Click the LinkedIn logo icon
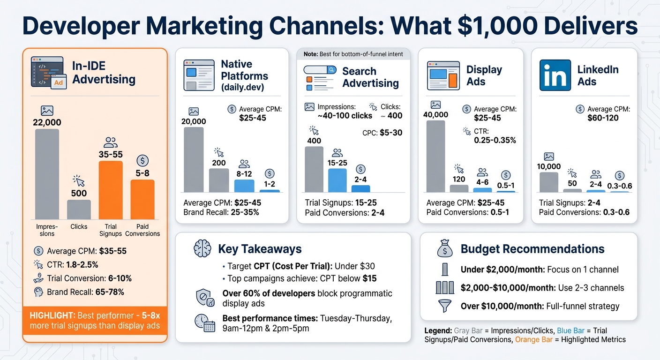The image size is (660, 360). tap(555, 75)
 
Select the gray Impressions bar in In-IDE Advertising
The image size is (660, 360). tap(47, 174)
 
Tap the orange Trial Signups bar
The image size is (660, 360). tap(111, 190)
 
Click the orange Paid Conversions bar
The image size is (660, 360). tap(142, 199)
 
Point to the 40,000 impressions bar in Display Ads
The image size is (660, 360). tap(435, 156)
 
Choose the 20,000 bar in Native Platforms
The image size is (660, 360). tap(194, 159)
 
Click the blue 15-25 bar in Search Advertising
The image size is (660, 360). tap(337, 180)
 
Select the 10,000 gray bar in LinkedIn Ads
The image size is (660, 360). tap(549, 182)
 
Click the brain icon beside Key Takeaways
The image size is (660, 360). tap(202, 249)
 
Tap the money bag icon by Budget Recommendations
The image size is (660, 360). tap(445, 248)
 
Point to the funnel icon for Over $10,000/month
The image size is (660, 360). tap(445, 306)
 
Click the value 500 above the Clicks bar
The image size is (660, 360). tap(79, 193)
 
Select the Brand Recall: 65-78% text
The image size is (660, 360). tap(85, 292)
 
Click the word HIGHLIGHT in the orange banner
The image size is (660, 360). tap(50, 315)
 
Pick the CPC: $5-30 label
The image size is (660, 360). tap(382, 133)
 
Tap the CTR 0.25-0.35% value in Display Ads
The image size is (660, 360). tap(495, 140)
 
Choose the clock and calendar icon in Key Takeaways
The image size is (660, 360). tap(204, 323)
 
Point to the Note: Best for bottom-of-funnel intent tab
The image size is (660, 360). tap(353, 54)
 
